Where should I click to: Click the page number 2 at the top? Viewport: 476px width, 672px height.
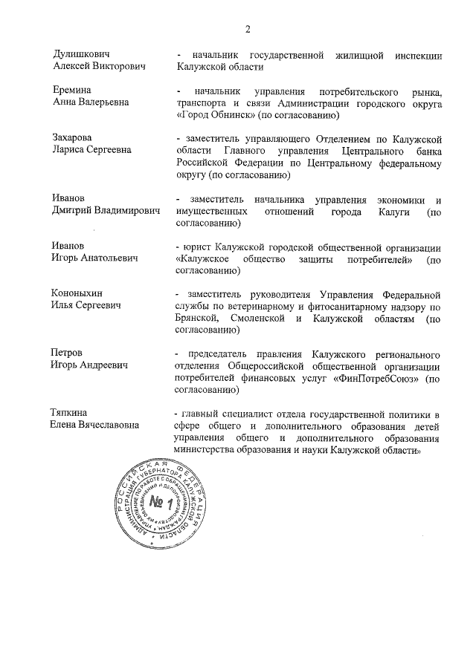pos(247,29)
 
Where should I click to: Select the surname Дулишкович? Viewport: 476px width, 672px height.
pos(82,55)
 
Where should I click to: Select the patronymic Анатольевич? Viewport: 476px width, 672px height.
pos(112,258)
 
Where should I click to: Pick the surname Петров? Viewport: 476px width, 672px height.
pos(68,352)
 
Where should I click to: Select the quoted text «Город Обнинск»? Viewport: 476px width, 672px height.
pos(216,116)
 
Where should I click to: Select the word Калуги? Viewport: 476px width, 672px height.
pos(385,212)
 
